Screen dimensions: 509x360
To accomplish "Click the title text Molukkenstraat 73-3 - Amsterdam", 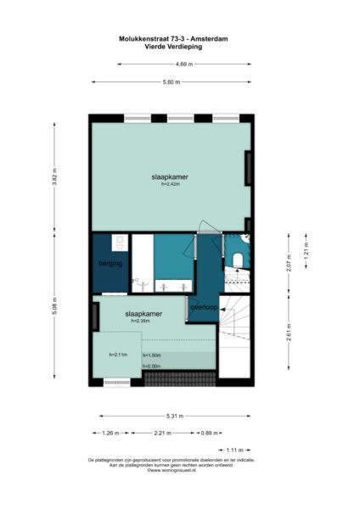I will point(179,37).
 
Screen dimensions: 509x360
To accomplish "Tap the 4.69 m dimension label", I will point(183,64).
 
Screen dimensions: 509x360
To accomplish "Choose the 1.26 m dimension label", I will point(107,433).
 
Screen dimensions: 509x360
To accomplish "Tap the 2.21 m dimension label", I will point(163,433).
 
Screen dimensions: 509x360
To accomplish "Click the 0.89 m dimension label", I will point(206,433).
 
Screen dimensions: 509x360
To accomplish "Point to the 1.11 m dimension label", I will point(234,450).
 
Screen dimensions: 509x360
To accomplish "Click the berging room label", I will point(110,264).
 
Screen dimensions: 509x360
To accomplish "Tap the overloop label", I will point(205,306).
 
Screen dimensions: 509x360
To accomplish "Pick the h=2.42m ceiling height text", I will point(170,184).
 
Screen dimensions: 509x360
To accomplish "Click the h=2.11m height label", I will point(118,355).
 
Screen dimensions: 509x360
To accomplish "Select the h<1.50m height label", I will point(152,355).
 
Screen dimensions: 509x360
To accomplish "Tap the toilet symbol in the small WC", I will point(239,258).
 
